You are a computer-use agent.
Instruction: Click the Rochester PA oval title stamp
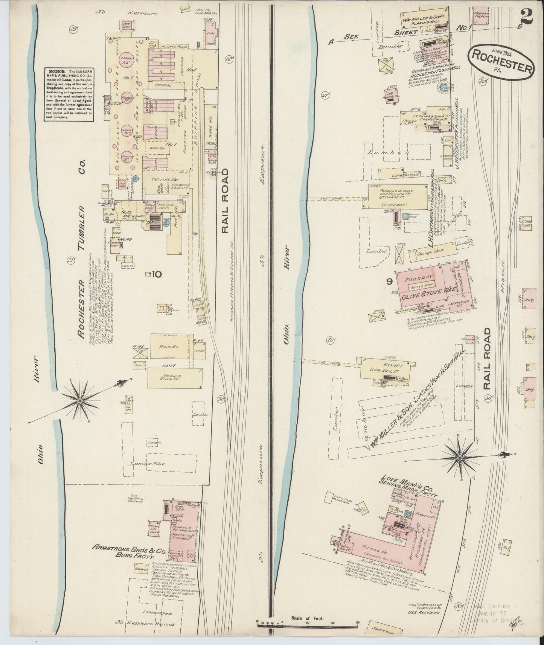500,62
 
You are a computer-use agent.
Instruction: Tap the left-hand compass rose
80,401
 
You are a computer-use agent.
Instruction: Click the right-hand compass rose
459,458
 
